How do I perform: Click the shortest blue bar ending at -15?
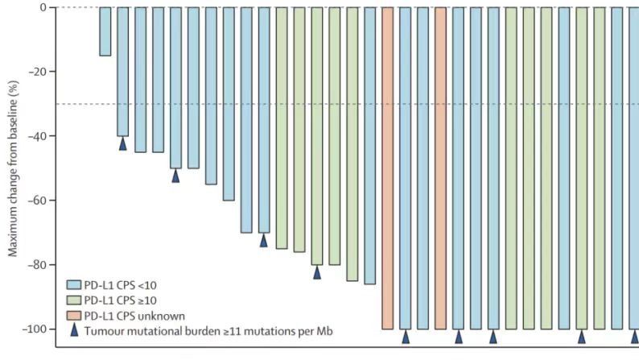(x=105, y=31)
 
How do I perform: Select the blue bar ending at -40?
(x=122, y=72)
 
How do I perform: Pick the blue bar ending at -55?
(x=211, y=96)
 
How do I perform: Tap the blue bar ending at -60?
(x=229, y=104)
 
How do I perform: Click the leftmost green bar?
(x=282, y=128)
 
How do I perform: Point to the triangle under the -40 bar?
(x=123, y=143)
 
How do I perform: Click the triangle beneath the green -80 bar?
(x=317, y=272)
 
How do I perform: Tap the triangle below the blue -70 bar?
(x=263, y=240)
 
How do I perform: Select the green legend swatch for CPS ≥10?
(x=72, y=300)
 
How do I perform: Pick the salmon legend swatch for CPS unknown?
(x=72, y=314)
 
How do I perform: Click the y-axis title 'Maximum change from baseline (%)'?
(x=12, y=169)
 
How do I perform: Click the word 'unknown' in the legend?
(x=161, y=314)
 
